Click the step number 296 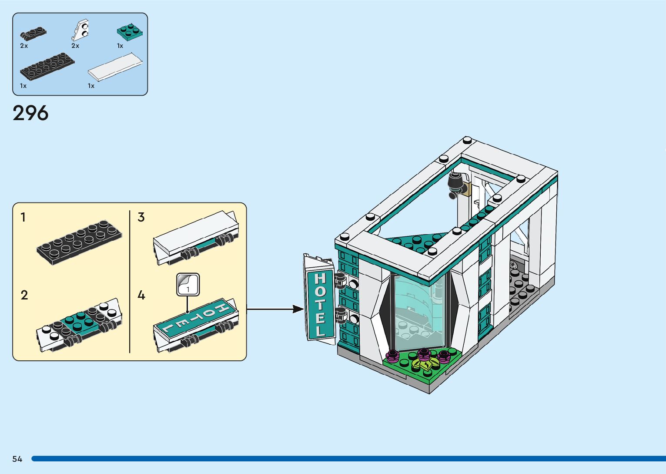tap(30, 114)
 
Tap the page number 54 tap(17, 459)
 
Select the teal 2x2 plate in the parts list tap(130, 31)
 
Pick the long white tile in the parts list tap(115, 67)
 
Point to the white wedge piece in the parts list tap(80, 30)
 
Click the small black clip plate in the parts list tap(33, 33)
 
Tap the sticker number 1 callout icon tap(188, 285)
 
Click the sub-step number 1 tap(23, 217)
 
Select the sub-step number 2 tap(24, 295)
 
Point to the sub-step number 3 tap(141, 217)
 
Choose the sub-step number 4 tap(141, 295)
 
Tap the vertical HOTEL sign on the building tap(320, 304)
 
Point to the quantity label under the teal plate tap(120, 46)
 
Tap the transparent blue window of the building tap(415, 309)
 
